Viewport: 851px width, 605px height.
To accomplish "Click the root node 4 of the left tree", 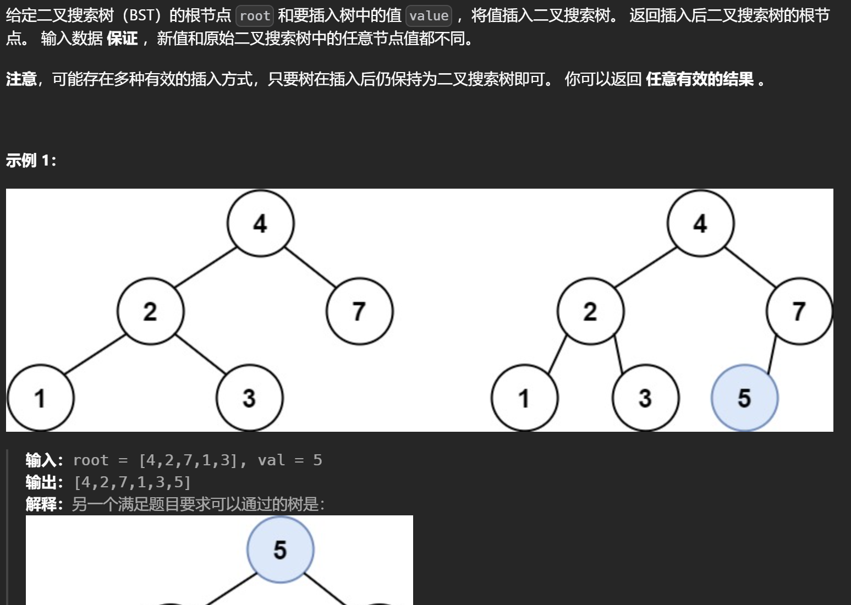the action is click(x=260, y=223).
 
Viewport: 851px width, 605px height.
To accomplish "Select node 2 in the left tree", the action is click(x=150, y=311).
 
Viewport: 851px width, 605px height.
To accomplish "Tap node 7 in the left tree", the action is click(x=359, y=311).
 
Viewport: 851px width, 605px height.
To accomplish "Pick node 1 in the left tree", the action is click(x=40, y=398).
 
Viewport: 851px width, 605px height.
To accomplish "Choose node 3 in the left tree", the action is click(x=249, y=398).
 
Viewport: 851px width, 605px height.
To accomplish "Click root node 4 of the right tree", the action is click(x=700, y=223).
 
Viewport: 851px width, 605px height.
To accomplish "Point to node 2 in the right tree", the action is click(x=590, y=311).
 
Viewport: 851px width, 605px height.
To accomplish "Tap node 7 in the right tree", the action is click(x=799, y=311).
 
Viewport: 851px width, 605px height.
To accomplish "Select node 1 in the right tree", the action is click(x=524, y=398).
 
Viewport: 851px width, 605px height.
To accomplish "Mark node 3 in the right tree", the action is click(x=645, y=398).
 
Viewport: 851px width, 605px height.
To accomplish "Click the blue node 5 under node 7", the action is click(x=744, y=398).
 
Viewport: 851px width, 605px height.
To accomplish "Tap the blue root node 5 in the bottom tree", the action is click(x=280, y=549).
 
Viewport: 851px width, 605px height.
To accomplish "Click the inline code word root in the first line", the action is click(x=255, y=16).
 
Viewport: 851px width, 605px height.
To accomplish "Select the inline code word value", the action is click(x=429, y=16).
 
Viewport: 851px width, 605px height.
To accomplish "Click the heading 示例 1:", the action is click(x=31, y=161).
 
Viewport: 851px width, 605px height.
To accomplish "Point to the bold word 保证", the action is click(x=122, y=38).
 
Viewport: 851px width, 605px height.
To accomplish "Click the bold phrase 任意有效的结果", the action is click(x=700, y=79).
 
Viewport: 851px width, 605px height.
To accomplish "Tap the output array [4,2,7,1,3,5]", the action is click(x=132, y=482).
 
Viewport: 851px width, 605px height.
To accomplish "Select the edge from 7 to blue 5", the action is click(x=772, y=354).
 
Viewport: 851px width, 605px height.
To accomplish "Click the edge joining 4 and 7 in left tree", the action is click(x=310, y=267).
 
